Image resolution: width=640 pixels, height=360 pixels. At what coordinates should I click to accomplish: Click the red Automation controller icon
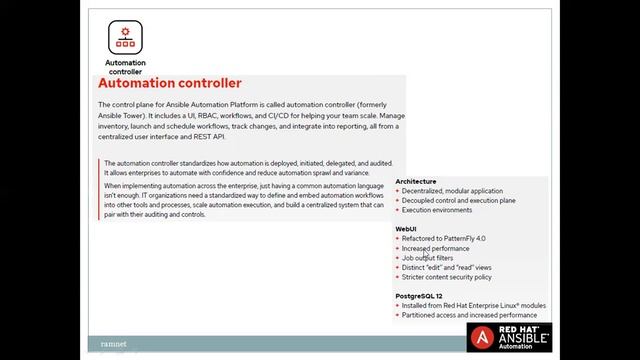coord(125,37)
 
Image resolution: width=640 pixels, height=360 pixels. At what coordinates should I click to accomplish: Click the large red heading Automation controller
coord(170,84)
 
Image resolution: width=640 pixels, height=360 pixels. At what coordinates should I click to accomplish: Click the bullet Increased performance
coord(435,248)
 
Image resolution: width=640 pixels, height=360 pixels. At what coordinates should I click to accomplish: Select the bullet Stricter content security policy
coord(449,277)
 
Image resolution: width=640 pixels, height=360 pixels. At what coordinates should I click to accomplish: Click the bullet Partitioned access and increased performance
coord(474,315)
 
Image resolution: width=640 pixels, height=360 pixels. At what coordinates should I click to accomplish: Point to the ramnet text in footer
coord(113,343)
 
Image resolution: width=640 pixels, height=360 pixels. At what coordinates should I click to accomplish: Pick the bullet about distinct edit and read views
coord(447,267)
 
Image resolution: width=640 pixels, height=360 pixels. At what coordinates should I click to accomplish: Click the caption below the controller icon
coord(125,67)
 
